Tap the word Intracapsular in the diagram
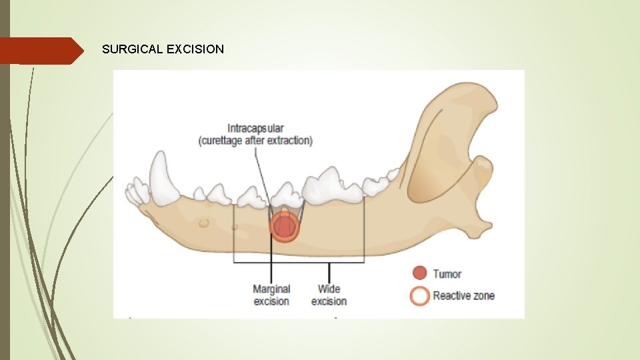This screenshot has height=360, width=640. click(x=256, y=128)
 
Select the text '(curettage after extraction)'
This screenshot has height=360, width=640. click(x=255, y=141)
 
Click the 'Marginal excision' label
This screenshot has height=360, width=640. click(x=271, y=295)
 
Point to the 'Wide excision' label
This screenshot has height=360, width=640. click(x=329, y=295)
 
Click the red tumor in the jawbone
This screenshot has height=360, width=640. click(x=285, y=227)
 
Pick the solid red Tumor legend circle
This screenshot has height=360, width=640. click(x=419, y=273)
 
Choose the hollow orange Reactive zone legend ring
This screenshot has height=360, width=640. click(x=419, y=295)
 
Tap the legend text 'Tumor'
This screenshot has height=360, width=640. click(x=447, y=274)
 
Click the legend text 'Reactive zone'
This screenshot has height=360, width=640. click(x=463, y=295)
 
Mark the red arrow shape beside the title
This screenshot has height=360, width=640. click(x=40, y=51)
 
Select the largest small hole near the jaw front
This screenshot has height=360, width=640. click(x=203, y=223)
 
